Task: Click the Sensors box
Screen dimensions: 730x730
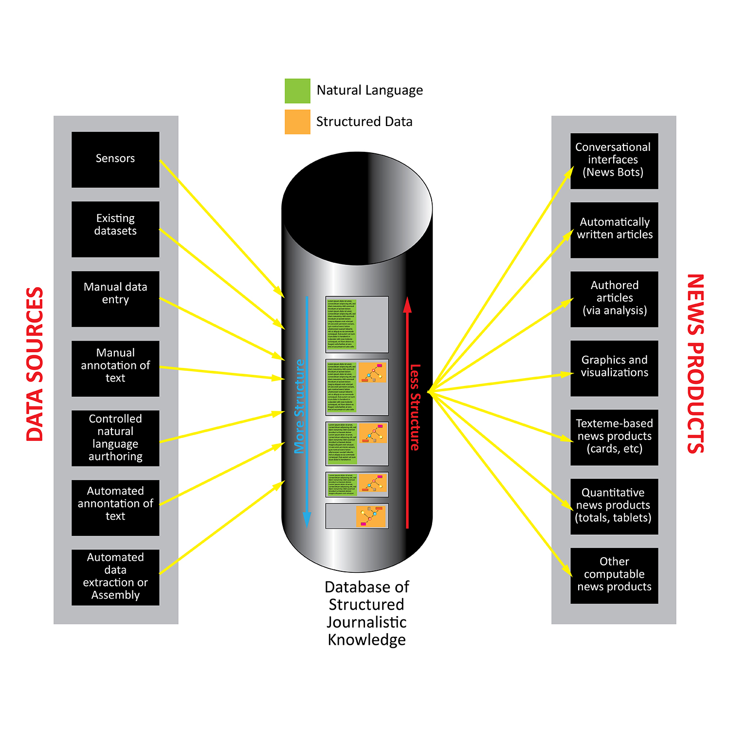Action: click(x=115, y=160)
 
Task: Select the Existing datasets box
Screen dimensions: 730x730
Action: click(x=115, y=229)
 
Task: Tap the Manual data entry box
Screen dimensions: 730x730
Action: click(x=115, y=299)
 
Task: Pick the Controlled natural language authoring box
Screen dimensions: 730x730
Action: click(x=115, y=438)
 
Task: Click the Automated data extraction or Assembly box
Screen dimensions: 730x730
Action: click(x=115, y=577)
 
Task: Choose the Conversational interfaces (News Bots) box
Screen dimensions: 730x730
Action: click(x=614, y=161)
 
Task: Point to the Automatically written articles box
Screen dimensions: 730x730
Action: click(x=614, y=230)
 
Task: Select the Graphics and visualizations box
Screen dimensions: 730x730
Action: click(x=614, y=368)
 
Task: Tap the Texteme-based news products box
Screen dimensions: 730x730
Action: click(x=614, y=438)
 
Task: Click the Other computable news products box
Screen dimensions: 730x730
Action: click(x=614, y=576)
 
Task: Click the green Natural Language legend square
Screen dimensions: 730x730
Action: click(x=297, y=91)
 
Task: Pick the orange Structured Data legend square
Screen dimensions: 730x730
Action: click(x=297, y=122)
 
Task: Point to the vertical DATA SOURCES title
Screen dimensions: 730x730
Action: click(x=35, y=364)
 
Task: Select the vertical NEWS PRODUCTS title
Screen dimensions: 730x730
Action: click(x=695, y=364)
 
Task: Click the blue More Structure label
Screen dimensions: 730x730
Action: click(x=300, y=406)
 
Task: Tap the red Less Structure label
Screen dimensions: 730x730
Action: click(x=415, y=407)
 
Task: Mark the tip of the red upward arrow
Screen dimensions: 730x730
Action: click(x=407, y=298)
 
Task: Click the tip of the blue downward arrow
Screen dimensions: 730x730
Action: click(x=307, y=527)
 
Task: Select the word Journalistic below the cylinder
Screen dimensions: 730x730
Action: click(x=366, y=622)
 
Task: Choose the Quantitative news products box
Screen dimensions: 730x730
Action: click(x=614, y=507)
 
